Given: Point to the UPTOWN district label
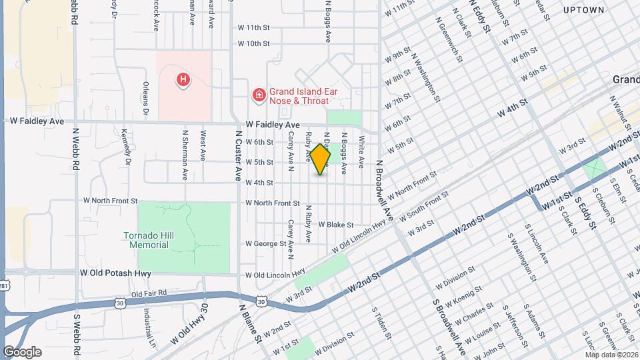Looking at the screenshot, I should click(583, 10).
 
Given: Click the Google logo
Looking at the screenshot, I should click(22, 352).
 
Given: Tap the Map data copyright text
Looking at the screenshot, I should click(611, 354).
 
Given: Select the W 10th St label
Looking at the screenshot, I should click(253, 44).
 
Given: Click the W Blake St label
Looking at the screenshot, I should click(336, 225).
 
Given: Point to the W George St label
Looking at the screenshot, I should click(265, 244).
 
